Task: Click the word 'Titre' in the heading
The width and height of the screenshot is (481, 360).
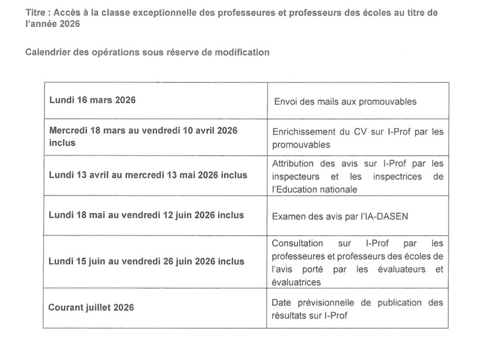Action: click(x=36, y=13)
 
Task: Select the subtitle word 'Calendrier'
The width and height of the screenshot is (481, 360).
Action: click(x=47, y=52)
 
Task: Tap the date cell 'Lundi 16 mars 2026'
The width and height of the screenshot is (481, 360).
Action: click(x=92, y=100)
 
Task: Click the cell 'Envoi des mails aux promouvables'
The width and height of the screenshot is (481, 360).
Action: click(x=345, y=102)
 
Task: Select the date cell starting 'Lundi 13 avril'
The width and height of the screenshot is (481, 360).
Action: click(x=147, y=175)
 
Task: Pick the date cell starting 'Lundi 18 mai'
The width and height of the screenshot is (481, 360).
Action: click(x=146, y=215)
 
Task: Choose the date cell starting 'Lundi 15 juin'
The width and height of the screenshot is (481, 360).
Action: click(x=146, y=261)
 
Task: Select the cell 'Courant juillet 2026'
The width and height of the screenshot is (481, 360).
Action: click(x=91, y=307)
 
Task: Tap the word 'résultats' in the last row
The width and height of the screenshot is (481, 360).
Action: click(x=290, y=316)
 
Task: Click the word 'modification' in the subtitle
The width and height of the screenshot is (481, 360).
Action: click(x=244, y=52)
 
